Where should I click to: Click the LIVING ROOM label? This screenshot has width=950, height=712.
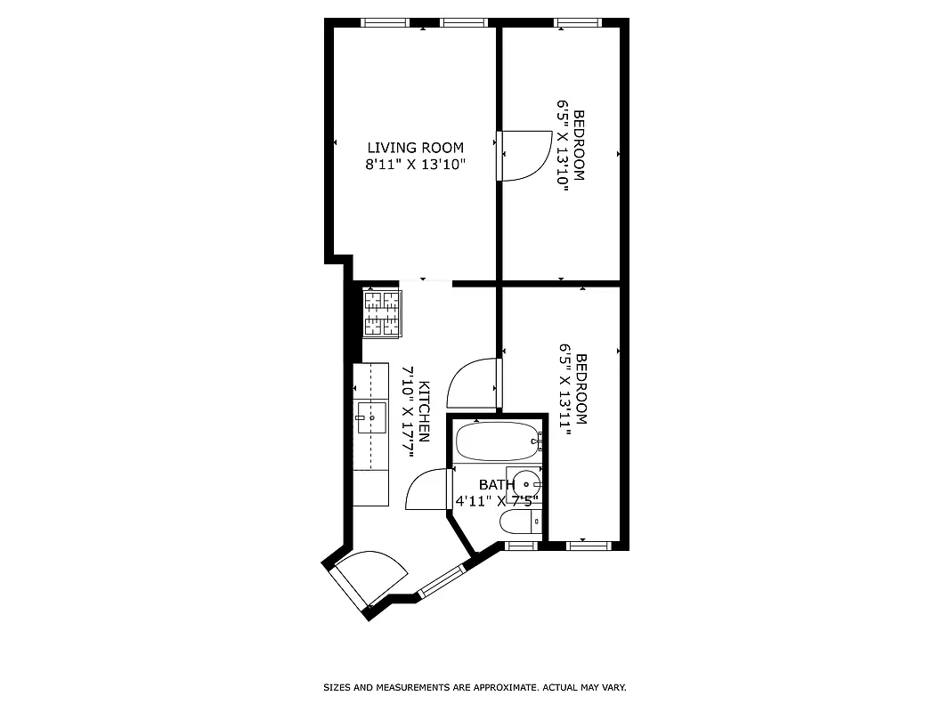(416, 148)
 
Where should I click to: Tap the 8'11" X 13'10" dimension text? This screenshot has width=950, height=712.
(416, 165)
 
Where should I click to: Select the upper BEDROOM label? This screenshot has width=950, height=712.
(580, 145)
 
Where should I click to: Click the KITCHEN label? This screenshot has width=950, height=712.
(426, 412)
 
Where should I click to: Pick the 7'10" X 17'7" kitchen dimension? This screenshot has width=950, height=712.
(409, 412)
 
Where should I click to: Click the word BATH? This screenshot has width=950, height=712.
(496, 485)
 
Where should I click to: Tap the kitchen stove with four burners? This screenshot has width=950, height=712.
(382, 312)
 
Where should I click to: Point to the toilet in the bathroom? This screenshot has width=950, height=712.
(518, 523)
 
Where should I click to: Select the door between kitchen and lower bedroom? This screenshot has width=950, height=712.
(473, 384)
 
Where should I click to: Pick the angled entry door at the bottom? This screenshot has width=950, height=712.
(366, 578)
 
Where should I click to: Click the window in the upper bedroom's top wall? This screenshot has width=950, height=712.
(579, 22)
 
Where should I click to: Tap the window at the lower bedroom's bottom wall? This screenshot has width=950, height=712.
(587, 542)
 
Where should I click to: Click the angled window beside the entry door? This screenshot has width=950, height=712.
(440, 580)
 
